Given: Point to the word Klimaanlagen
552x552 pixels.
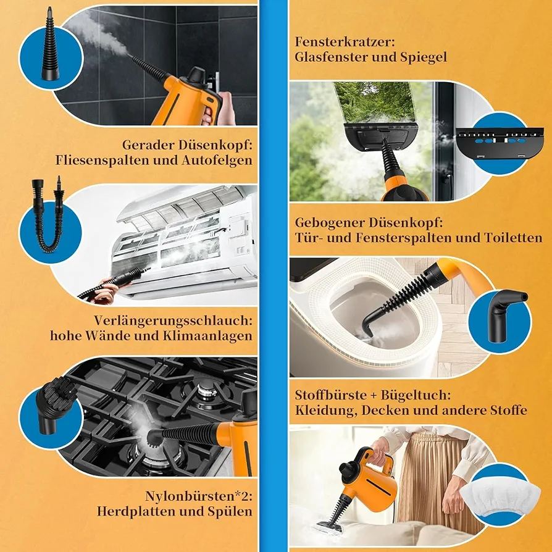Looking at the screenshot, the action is click(x=207, y=335).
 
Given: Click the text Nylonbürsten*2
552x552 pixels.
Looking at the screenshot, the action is click(x=199, y=496).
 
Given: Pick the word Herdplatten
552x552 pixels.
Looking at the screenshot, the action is click(x=136, y=511).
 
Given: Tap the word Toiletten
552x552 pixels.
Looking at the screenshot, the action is click(x=513, y=238).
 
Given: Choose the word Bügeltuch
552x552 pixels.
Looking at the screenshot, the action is click(x=416, y=395).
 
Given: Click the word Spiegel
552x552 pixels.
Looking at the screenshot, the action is click(x=424, y=57).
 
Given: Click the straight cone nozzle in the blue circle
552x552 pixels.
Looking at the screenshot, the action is click(x=51, y=46).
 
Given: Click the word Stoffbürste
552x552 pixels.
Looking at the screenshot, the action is click(x=330, y=395).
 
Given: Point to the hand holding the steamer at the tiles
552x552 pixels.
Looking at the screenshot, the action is click(x=221, y=109).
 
